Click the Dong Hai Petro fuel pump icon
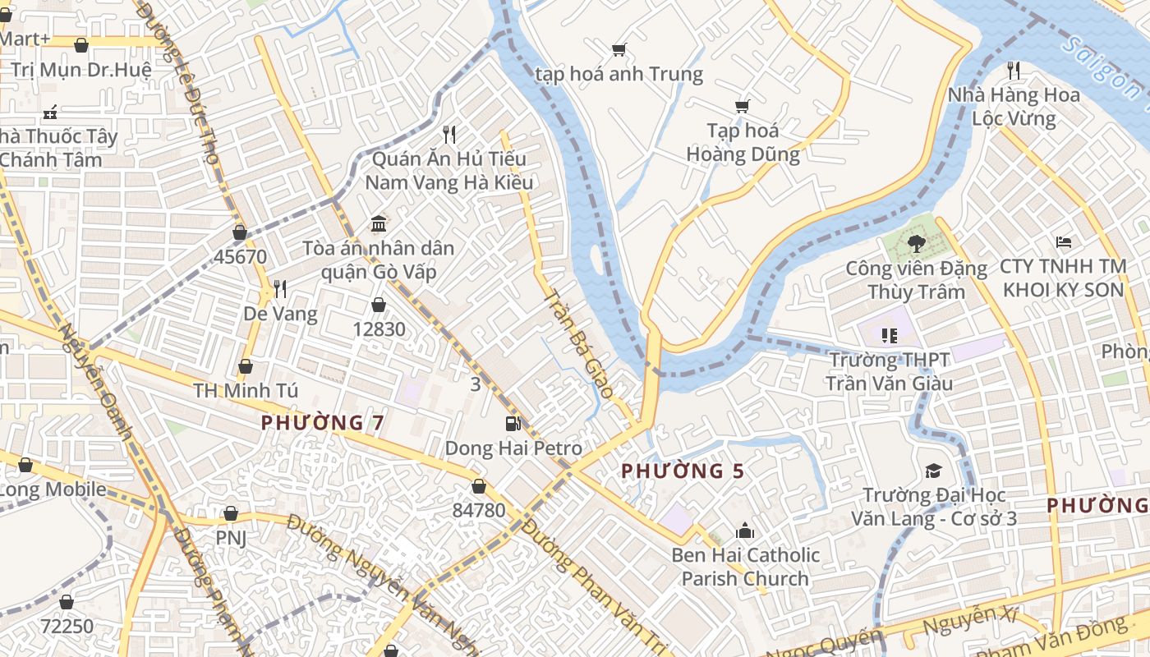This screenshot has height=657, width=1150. tap(513, 424)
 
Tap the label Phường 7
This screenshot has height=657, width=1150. tap(322, 423)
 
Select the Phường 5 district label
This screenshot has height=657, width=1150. tap(683, 471)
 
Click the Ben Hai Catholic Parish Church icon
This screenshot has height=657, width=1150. tap(745, 531)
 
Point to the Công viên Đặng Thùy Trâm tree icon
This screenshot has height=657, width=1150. tap(916, 243)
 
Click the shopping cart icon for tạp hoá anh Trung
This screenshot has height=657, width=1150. tap(619, 49)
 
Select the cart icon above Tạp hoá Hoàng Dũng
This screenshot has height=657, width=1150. tap(743, 106)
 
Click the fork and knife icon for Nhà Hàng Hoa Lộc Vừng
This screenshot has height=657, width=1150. tap(1014, 70)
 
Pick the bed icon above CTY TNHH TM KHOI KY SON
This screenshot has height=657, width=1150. tap(1063, 242)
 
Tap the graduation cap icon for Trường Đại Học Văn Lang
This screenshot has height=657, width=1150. tap(933, 471)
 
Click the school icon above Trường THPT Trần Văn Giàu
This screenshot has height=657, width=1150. tap(888, 335)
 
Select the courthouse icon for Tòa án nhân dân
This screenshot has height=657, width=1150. tap(379, 223)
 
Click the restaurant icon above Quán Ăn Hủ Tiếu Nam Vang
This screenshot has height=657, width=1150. tap(448, 134)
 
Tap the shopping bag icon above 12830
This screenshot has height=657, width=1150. tap(379, 306)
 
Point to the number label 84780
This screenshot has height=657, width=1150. tap(479, 510)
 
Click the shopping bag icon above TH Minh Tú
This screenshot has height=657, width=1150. tap(245, 366)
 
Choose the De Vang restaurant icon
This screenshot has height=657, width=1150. tap(280, 289)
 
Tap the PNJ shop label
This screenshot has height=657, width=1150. tap(231, 538)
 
